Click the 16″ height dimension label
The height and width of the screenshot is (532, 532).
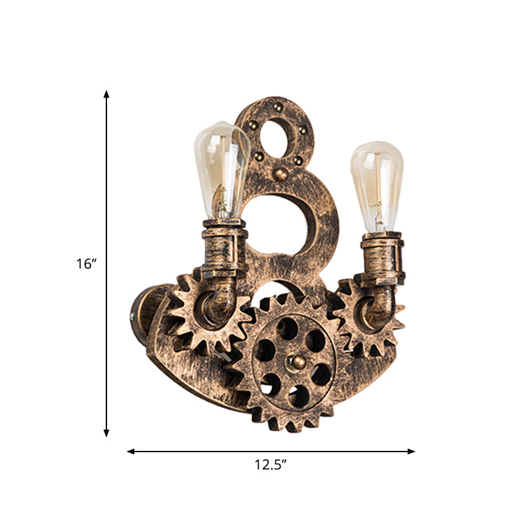(86, 263)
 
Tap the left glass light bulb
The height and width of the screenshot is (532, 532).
(222, 170)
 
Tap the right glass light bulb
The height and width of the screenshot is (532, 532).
(377, 187)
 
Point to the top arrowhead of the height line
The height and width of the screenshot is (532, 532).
(106, 94)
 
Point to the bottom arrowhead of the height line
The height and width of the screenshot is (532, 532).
(106, 433)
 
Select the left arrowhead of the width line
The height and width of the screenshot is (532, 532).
(130, 452)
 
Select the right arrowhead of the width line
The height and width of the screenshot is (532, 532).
(411, 452)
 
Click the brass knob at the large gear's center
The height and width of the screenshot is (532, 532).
(298, 362)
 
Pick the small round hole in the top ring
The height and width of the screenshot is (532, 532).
(274, 139)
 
